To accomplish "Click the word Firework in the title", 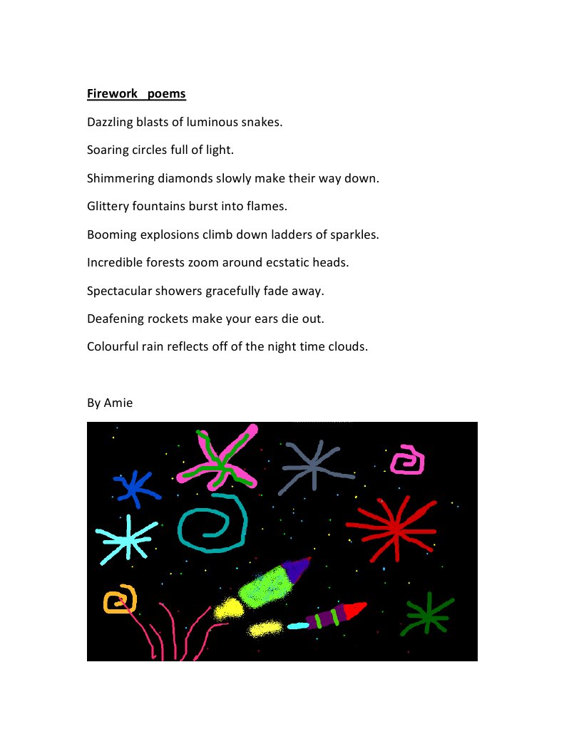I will [111, 93].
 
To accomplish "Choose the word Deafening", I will [114, 319].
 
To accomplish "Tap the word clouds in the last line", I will [346, 346].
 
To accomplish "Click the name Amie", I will [118, 403].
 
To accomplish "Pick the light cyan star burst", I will [126, 539].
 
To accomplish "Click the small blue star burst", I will [133, 488].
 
